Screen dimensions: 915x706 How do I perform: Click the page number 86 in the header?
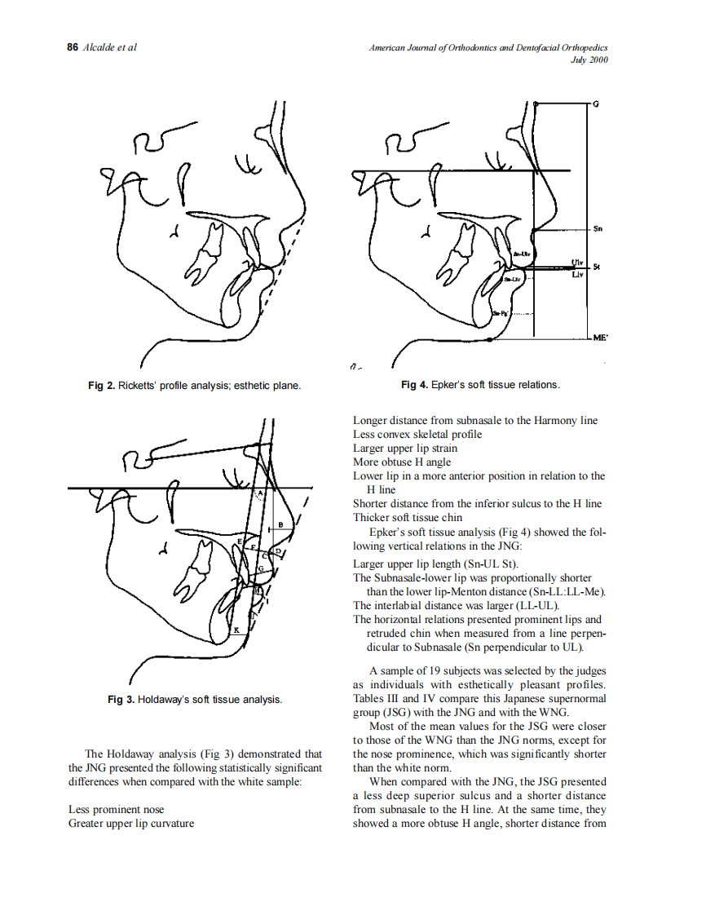click(x=72, y=47)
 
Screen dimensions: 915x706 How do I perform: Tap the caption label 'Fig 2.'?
click(x=101, y=385)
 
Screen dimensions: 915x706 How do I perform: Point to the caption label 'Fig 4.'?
click(x=414, y=385)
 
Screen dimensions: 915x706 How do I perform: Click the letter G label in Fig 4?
click(x=596, y=104)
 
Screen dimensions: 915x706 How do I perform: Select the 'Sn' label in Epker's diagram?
click(x=598, y=229)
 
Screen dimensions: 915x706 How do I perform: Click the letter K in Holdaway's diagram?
click(x=236, y=630)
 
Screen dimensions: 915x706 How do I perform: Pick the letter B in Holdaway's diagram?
click(x=280, y=523)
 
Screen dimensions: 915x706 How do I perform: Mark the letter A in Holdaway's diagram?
click(x=261, y=493)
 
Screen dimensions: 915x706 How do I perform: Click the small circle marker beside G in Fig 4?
click(x=536, y=104)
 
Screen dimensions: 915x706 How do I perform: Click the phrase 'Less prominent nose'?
click(x=116, y=810)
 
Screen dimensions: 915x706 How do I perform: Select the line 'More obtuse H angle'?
click(x=401, y=462)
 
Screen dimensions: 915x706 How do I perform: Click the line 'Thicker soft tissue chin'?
click(x=407, y=517)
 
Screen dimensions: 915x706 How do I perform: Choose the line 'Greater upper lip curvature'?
click(x=131, y=824)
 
